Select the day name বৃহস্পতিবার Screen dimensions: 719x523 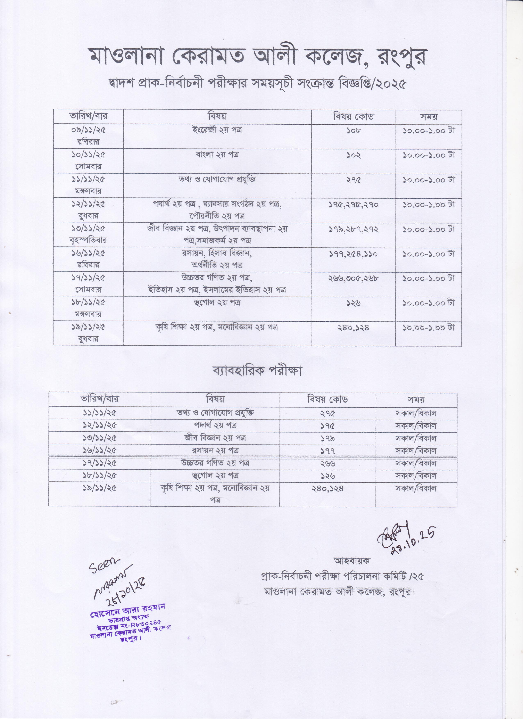click(88, 240)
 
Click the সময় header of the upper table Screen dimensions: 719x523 click(429, 117)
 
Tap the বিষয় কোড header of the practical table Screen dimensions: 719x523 click(328, 399)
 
